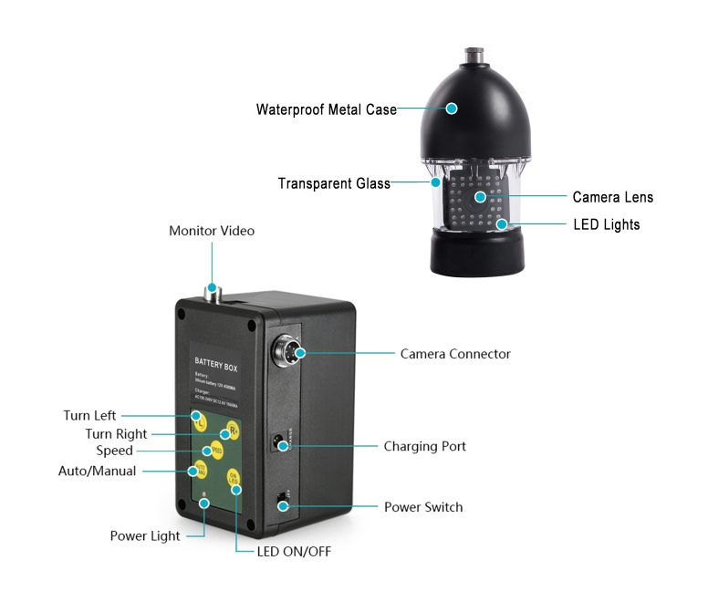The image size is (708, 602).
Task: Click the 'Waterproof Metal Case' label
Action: tap(326, 109)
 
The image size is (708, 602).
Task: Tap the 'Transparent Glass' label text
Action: tap(334, 183)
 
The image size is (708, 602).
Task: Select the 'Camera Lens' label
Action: tap(612, 197)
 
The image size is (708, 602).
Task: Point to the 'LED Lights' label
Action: tap(606, 224)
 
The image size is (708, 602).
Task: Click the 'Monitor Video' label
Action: tap(212, 231)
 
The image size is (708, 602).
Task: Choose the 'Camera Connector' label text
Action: tap(455, 354)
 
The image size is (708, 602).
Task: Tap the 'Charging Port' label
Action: tap(424, 447)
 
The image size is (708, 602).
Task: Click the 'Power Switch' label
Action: tap(422, 507)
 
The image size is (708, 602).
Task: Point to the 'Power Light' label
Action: tap(145, 536)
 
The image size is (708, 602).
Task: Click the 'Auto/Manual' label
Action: tap(97, 472)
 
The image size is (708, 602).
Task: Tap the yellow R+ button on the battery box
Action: tap(234, 431)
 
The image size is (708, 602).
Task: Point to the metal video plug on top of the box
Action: tap(213, 294)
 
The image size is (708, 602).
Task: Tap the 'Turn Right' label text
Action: tap(116, 434)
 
